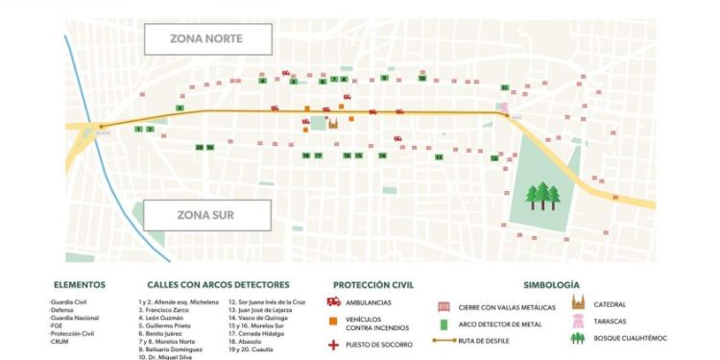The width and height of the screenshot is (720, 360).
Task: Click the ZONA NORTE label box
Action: [207, 39]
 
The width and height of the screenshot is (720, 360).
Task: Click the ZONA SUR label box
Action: [207, 215]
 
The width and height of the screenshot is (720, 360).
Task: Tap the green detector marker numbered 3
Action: [180, 108]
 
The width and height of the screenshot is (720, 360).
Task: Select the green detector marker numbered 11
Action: [503, 87]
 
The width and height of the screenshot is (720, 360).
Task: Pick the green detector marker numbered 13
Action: [438, 156]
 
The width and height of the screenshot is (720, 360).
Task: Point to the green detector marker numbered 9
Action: [384, 78]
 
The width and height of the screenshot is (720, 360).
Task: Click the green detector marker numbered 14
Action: [382, 156]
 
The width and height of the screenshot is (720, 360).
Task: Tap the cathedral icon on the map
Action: [334, 123]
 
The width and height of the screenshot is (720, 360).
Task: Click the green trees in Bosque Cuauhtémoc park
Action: [543, 196]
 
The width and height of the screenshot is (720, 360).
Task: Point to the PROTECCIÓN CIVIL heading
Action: [372, 285]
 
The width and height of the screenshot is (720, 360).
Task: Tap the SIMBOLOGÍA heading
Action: [551, 285]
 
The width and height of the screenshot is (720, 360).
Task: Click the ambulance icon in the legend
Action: [334, 302]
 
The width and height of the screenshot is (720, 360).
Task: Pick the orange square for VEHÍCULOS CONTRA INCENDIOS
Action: [334, 321]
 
